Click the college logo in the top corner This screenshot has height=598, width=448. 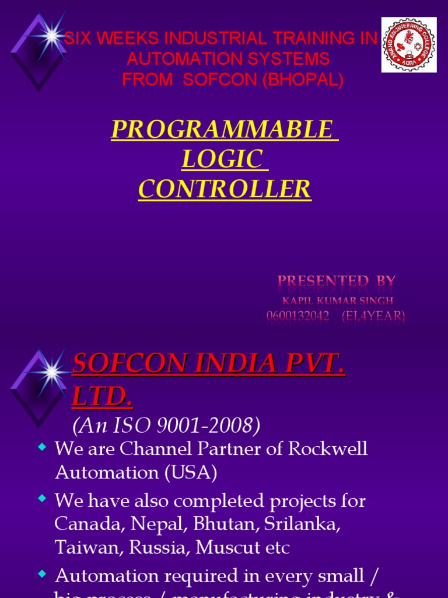pos(408,45)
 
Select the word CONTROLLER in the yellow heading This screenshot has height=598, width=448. pos(225,189)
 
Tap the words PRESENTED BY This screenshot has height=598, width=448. pos(337,281)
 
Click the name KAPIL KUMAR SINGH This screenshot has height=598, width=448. pos(337,301)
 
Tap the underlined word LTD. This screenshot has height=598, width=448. pos(103,398)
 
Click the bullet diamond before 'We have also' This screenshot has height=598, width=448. pos(41,499)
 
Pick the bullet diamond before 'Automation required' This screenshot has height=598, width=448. pos(41,575)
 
